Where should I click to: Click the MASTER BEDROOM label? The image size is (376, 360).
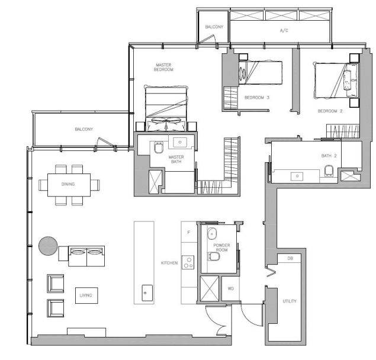(x=163, y=67)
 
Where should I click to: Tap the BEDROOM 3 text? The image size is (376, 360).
(x=257, y=98)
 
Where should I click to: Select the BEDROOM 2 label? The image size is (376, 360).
(x=330, y=111)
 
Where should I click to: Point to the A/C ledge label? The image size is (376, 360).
(x=284, y=30)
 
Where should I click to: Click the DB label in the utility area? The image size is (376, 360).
(x=290, y=258)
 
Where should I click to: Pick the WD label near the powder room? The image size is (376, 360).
(x=231, y=288)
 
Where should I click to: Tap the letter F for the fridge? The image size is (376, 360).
(x=189, y=233)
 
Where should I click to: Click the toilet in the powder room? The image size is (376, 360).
(x=213, y=256)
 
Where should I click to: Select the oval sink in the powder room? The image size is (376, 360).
(x=212, y=234)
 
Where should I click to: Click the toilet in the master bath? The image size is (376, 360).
(x=159, y=147)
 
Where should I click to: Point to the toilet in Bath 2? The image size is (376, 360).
(x=329, y=171)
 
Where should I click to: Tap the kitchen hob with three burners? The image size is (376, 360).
(x=188, y=262)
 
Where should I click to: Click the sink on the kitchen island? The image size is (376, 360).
(x=147, y=293)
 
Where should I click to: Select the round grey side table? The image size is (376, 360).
(x=48, y=246)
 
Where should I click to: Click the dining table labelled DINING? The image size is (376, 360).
(x=69, y=185)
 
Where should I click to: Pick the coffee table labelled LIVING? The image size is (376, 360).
(x=86, y=295)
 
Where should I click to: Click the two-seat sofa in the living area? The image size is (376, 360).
(x=86, y=256)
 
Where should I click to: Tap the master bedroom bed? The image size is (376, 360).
(x=166, y=108)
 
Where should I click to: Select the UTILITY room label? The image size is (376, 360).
(x=290, y=301)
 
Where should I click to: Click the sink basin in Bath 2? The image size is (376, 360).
(x=297, y=176)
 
